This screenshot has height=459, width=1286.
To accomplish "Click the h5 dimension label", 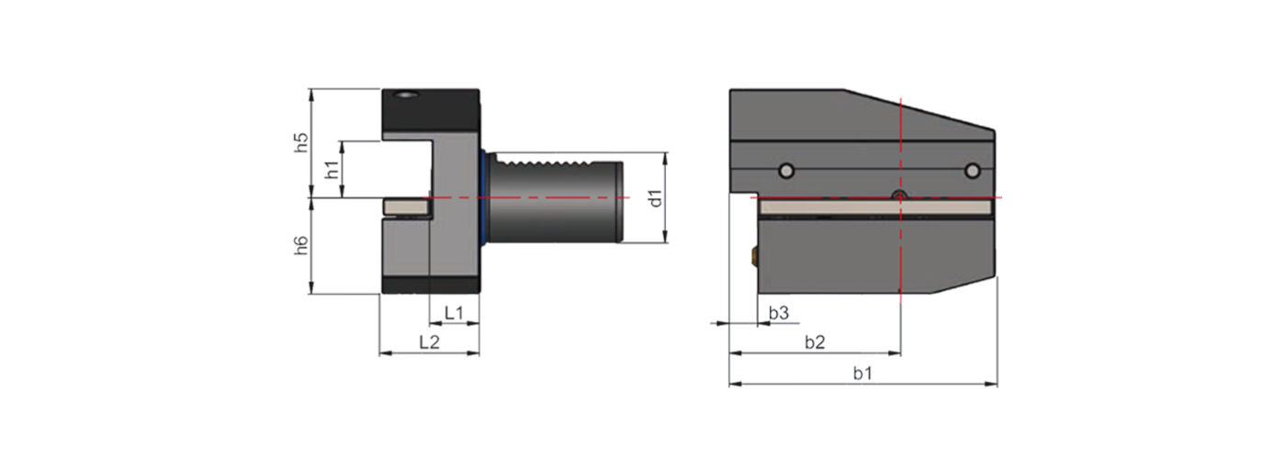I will coord(300,142).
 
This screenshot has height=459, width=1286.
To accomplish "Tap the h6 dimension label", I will coord(300,246).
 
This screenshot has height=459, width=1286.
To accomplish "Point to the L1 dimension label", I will coord(454,313).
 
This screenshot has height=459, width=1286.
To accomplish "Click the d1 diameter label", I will coord(653,198).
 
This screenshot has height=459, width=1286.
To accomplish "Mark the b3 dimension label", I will coord(778,313).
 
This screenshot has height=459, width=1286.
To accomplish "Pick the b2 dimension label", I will coord(814,342).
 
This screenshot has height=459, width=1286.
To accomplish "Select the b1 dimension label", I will coord(862,373).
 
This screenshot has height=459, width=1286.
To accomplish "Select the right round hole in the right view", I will coord(972,170).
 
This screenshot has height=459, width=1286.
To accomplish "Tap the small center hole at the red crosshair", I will coord(901,196).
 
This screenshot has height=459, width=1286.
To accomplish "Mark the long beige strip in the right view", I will coord(873,209).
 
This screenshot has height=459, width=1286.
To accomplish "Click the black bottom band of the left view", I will coord(430,285).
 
